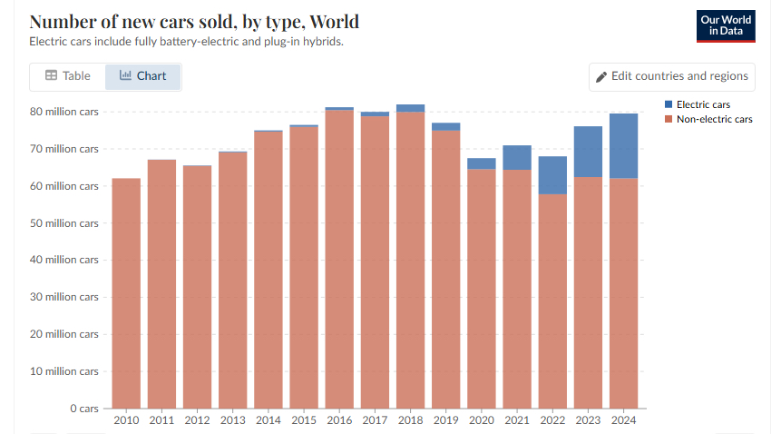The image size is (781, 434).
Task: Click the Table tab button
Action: pos(68,76)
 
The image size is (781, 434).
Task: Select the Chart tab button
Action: pos(142,76)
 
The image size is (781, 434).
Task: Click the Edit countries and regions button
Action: pos(671,76)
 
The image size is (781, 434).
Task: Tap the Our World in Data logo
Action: pos(726,26)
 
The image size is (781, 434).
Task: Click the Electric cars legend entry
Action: pos(702,104)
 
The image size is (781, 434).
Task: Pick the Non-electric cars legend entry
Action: pos(713,119)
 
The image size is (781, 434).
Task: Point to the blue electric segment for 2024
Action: pos(624,145)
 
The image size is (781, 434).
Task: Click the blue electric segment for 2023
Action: pos(588,152)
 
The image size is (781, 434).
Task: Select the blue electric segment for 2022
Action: pos(552,174)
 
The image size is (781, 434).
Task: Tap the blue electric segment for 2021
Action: pos(517,158)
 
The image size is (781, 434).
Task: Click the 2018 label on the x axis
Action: pos(410,419)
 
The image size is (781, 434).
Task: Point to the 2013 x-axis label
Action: pos(233,419)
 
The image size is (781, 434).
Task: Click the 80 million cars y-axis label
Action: pos(63,112)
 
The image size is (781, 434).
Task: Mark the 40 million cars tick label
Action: pos(63,260)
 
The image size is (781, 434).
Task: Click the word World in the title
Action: pos(334,21)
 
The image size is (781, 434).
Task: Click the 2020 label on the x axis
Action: pos(482,419)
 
